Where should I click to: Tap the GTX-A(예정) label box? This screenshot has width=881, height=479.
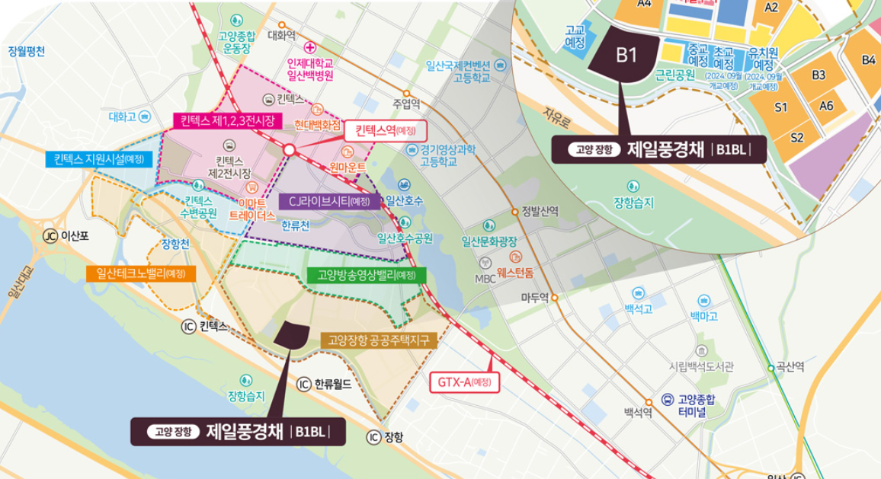pos(463,381)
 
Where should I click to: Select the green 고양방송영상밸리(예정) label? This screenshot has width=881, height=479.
pos(367,275)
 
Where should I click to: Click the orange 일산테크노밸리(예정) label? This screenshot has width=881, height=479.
pos(142,273)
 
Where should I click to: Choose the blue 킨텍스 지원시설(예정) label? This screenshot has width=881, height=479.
pos(99,158)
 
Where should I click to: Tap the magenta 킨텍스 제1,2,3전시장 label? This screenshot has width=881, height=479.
pos(227,120)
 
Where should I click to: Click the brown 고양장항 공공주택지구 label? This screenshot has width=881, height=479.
pos(379,340)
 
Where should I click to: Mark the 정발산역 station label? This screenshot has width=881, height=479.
pos(540,211)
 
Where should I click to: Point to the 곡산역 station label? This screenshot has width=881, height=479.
pos(790,367)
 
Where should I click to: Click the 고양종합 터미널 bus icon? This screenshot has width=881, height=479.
pos(667,398)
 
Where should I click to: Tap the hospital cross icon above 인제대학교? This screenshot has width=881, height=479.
pos(309,48)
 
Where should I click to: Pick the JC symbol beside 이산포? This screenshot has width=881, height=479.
pos(51,236)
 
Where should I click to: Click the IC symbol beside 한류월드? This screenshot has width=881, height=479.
pos(303,384)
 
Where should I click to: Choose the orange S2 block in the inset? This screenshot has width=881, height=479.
pos(796,137)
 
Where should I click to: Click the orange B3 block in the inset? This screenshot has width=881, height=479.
pos(819,75)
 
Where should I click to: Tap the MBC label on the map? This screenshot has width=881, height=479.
pos(485,279)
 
